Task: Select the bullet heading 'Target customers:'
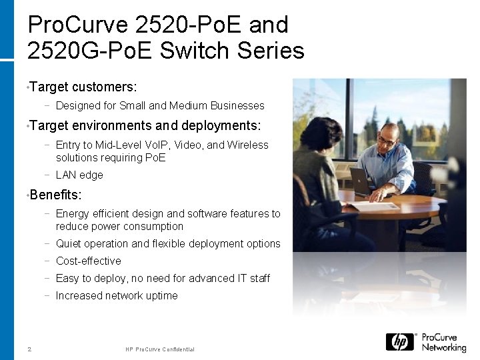tap(83, 87)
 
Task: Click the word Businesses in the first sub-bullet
tap(237, 105)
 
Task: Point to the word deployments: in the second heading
tap(220, 126)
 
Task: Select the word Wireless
tap(247, 145)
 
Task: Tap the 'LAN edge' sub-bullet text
tap(79, 175)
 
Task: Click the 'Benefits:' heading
tap(56, 195)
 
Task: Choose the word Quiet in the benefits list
tap(69, 243)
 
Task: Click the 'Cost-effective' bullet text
tap(89, 261)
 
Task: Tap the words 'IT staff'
tap(254, 278)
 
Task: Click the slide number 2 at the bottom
tap(29, 349)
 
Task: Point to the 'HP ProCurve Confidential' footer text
tap(160, 349)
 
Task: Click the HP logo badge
tap(400, 342)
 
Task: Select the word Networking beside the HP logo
tap(444, 347)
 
